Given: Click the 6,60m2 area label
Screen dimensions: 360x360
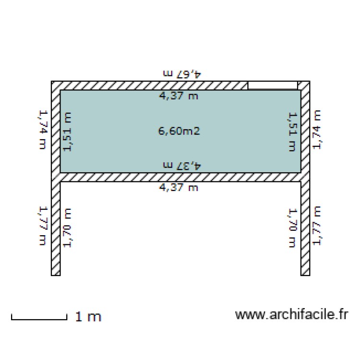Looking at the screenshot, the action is tap(179, 131).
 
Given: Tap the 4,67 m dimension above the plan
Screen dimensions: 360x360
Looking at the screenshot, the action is tap(182, 74).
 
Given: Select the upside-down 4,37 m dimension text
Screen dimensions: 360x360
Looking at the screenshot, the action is tap(182, 165).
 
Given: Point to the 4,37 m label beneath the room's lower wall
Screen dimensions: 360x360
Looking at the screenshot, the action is tap(179, 188).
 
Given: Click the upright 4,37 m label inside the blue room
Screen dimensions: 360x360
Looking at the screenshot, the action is tap(179, 96).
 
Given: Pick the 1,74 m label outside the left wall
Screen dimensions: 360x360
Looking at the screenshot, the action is tap(43, 130).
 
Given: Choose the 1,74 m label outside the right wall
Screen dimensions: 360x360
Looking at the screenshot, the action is tap(317, 130).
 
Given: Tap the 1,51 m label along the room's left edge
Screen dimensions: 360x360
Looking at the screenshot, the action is tap(67, 132).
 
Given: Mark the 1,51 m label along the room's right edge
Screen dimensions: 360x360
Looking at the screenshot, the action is tap(292, 132).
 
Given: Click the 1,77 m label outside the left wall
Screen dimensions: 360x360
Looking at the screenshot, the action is tap(43, 226).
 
